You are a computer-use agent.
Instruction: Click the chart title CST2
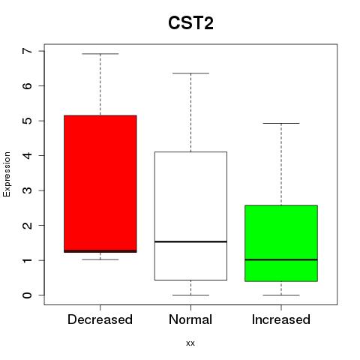pyautogui.click(x=190, y=23)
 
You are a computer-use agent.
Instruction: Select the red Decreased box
pyautogui.click(x=100, y=184)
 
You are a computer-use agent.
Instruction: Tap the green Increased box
pyautogui.click(x=281, y=243)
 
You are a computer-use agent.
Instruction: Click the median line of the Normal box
pyautogui.click(x=190, y=241)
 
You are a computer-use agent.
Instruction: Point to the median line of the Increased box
pyautogui.click(x=281, y=259)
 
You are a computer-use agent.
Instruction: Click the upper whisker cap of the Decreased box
pyautogui.click(x=100, y=54)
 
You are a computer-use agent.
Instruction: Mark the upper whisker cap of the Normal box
pyautogui.click(x=190, y=73)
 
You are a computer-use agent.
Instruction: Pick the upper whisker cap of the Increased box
pyautogui.click(x=281, y=123)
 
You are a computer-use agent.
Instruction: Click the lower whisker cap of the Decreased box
pyautogui.click(x=100, y=259)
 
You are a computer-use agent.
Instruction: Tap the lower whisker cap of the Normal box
pyautogui.click(x=190, y=295)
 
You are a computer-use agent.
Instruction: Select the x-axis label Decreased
pyautogui.click(x=100, y=319)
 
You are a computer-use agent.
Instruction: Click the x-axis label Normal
pyautogui.click(x=190, y=319)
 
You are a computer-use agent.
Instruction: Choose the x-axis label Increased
pyautogui.click(x=281, y=319)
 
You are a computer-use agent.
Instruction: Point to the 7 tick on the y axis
pyautogui.click(x=41, y=51)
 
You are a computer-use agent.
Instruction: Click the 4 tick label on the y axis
pyautogui.click(x=28, y=155)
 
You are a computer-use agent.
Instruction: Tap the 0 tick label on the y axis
pyautogui.click(x=28, y=295)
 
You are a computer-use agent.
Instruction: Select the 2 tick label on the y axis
pyautogui.click(x=28, y=225)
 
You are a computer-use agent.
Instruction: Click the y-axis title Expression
pyautogui.click(x=7, y=174)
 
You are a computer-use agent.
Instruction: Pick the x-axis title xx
pyautogui.click(x=190, y=343)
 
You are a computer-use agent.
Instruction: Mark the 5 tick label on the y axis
pyautogui.click(x=28, y=121)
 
